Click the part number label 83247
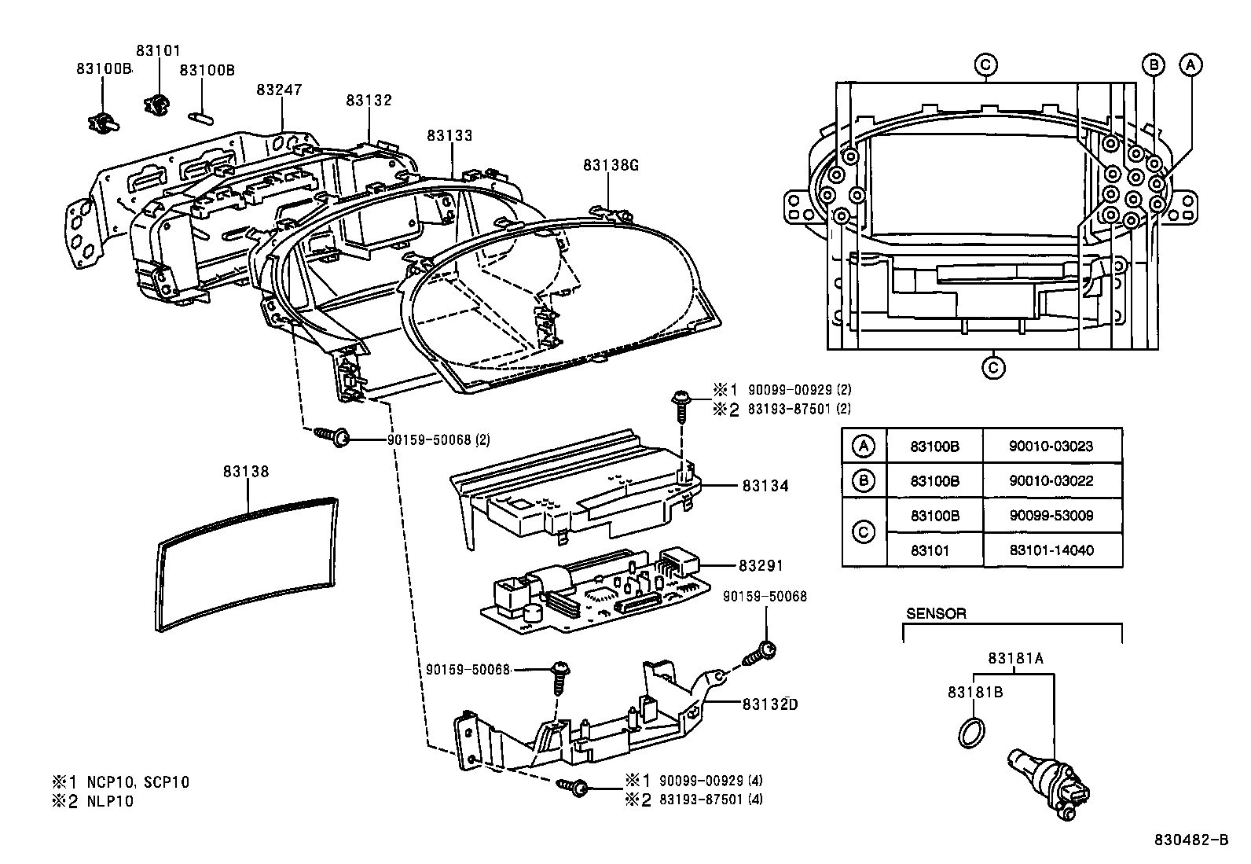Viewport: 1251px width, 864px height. click(x=279, y=90)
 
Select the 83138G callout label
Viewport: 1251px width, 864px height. click(x=611, y=165)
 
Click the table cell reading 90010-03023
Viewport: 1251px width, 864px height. click(x=1051, y=446)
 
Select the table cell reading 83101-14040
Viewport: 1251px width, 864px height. click(x=1051, y=550)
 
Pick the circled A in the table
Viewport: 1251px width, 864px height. click(x=863, y=446)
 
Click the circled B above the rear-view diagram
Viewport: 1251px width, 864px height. click(x=1153, y=65)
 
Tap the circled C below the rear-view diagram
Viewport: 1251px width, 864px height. click(x=993, y=366)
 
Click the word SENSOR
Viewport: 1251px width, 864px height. click(x=936, y=613)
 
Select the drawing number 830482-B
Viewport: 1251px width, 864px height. click(x=1190, y=840)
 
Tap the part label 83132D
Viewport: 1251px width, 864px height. click(x=769, y=704)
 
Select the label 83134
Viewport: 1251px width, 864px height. click(x=765, y=486)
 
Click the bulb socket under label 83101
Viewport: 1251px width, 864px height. click(x=159, y=103)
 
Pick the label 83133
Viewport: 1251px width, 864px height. click(x=449, y=135)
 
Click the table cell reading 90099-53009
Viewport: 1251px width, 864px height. click(x=1051, y=516)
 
